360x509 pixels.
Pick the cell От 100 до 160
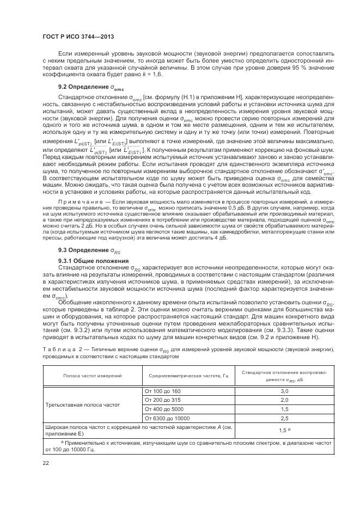(x=162, y=391)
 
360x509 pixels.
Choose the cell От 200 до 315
(x=162, y=400)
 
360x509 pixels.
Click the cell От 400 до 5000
(x=163, y=409)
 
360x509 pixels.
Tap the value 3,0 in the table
(x=284, y=391)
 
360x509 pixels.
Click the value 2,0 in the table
(x=284, y=400)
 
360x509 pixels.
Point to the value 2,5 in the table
(x=284, y=418)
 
